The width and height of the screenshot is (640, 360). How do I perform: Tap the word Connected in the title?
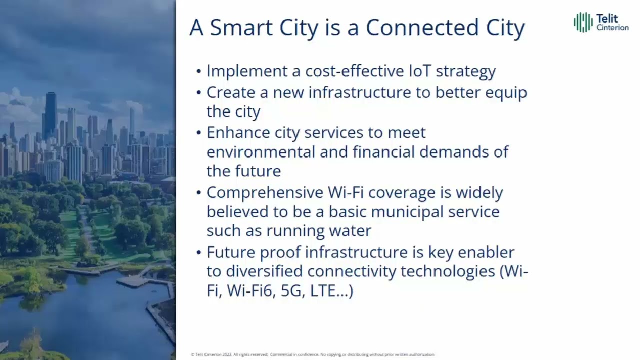(423, 28)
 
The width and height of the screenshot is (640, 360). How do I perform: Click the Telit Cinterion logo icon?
(583, 22)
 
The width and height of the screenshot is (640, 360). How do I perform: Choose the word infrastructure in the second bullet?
(356, 92)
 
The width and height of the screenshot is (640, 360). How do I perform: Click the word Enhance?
(238, 132)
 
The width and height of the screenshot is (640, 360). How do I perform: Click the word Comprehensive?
(265, 193)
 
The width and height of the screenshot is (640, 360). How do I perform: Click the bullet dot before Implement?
(199, 71)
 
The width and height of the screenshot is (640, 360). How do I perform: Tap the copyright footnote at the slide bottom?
(313, 354)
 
